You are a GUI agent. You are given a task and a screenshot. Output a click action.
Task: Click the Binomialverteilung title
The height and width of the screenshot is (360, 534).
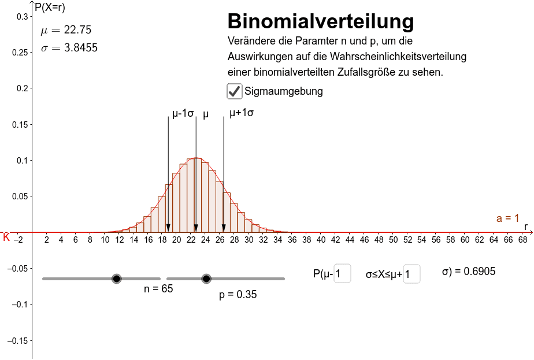321,22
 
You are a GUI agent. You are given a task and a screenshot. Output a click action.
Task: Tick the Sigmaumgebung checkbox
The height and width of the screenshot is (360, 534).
234,91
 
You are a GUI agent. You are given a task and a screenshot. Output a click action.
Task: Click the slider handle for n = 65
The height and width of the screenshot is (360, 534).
117,279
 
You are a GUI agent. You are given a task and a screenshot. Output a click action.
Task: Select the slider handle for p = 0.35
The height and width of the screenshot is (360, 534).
206,279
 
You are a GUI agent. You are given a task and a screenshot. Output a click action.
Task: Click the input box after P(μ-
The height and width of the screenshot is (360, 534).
342,274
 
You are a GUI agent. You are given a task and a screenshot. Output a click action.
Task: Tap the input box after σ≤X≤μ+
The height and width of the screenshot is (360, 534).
411,274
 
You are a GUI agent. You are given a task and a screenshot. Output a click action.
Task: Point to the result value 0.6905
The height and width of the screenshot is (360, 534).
476,272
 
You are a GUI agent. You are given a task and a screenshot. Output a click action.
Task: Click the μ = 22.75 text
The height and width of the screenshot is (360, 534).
66,31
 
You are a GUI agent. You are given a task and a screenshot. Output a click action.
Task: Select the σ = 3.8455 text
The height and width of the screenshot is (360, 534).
69,48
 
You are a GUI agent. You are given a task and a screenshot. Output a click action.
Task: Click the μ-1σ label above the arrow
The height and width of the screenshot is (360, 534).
183,113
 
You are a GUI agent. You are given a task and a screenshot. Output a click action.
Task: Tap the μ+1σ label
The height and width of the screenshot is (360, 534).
242,113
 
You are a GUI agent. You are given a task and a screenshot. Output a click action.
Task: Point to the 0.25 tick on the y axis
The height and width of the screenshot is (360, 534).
20,53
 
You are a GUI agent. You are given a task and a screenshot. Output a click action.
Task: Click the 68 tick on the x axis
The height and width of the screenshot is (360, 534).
522,239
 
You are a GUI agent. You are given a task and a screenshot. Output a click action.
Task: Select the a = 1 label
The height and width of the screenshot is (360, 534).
508,218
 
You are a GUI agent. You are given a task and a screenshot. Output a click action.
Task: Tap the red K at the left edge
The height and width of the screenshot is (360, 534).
6,237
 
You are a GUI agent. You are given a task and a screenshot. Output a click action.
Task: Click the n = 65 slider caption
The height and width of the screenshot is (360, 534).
158,289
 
